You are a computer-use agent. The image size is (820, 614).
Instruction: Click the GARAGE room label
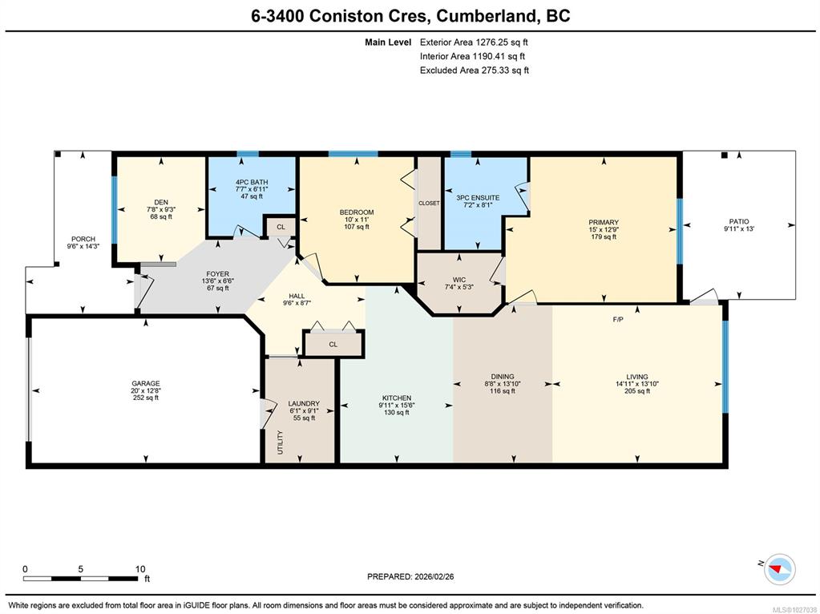tap(145, 383)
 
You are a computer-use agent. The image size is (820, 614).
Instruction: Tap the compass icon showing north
tap(779, 569)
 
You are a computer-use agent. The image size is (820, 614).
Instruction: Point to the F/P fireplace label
tap(618, 318)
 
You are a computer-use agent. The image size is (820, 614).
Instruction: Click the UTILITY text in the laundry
tap(281, 442)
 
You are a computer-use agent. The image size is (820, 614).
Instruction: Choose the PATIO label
tap(739, 221)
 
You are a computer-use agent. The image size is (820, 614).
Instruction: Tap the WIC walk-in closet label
tap(458, 280)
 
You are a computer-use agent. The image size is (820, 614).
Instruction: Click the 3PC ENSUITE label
tap(478, 198)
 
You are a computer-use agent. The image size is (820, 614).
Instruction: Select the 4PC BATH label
tap(252, 182)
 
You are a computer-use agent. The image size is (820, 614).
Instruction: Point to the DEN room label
tap(161, 203)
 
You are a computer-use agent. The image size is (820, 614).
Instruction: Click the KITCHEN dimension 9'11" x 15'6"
tap(397, 405)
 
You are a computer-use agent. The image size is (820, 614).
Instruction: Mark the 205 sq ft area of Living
tap(637, 390)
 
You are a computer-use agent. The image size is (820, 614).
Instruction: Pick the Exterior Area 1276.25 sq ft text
tap(474, 42)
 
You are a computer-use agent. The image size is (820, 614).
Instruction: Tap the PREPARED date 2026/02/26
tap(434, 576)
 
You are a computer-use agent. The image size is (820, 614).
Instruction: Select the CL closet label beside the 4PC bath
tap(281, 227)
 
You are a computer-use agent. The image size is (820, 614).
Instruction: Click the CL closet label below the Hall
tap(333, 344)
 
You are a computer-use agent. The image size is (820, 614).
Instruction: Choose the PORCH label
tap(83, 239)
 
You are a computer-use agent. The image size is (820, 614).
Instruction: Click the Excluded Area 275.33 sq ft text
tap(475, 70)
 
